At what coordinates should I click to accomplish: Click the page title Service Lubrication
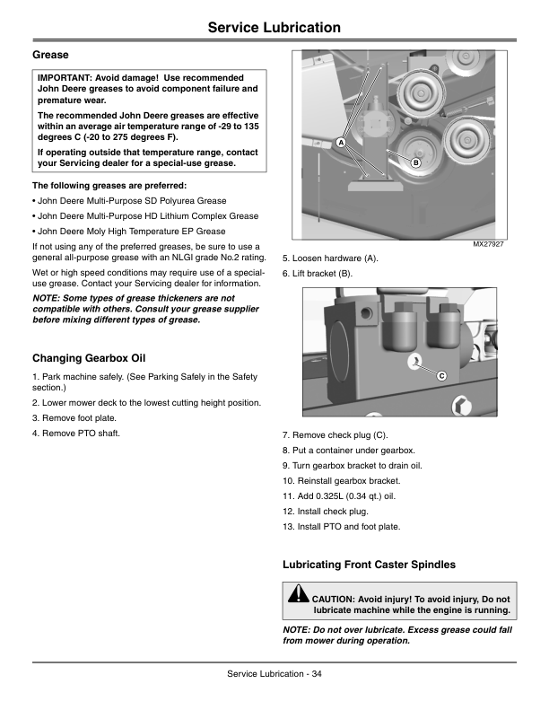(274, 28)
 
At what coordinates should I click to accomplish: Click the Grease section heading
(51, 56)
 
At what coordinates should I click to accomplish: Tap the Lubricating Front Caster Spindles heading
(369, 565)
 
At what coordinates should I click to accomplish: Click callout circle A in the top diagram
(342, 144)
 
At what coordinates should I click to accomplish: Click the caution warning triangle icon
(299, 594)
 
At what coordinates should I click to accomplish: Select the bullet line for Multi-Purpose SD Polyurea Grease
(129, 200)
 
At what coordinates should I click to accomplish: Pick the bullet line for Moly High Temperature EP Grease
(129, 231)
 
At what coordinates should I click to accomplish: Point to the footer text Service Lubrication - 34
(274, 674)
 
